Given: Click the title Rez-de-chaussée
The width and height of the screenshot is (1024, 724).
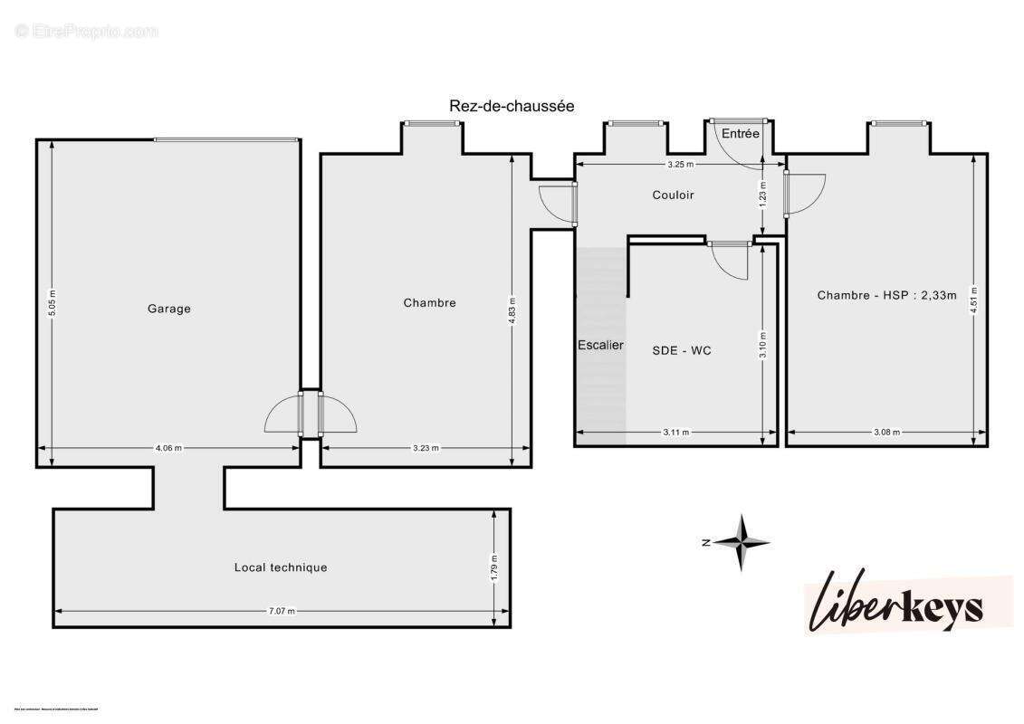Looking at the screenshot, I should (x=512, y=106).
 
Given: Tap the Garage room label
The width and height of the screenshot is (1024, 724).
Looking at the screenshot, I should (x=169, y=309).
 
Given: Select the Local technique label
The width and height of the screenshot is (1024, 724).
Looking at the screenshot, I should (x=281, y=567).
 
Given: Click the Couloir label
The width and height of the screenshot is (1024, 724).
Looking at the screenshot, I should (x=673, y=195).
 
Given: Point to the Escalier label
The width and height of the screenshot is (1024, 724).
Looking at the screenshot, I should (x=600, y=345).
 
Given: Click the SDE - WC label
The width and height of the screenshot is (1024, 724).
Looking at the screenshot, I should (x=682, y=349).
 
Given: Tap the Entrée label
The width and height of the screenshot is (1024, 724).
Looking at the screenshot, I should (x=741, y=133).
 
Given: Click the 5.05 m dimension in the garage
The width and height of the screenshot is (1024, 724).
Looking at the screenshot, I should (x=53, y=301).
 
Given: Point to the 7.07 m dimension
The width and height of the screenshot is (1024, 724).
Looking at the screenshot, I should (x=282, y=611).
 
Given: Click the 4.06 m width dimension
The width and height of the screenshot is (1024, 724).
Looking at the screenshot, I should (x=168, y=447).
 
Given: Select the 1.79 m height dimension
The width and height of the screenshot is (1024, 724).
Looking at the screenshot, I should (x=493, y=566).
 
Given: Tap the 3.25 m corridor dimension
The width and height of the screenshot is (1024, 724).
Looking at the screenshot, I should (x=680, y=165).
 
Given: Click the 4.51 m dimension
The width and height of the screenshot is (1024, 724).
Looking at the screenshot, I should (x=973, y=298).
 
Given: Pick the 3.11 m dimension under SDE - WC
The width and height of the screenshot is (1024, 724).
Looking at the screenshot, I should (x=675, y=433).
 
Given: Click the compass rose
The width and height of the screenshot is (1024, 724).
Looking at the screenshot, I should (x=741, y=542).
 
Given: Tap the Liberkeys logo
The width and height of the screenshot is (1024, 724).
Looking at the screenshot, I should (x=894, y=601).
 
